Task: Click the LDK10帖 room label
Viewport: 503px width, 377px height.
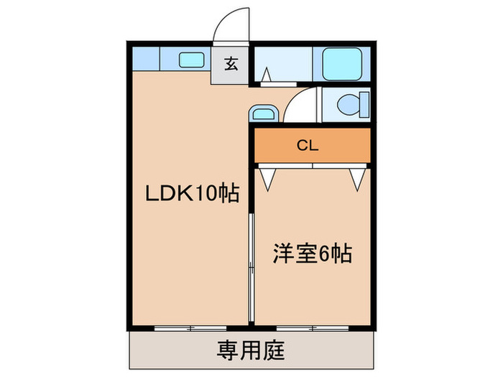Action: pos(193,193)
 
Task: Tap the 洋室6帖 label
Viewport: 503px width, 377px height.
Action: pos(313,254)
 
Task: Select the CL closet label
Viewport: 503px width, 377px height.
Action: pos(308,146)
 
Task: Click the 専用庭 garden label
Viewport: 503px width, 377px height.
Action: pos(251,350)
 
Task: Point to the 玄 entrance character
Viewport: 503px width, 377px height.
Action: pos(231,63)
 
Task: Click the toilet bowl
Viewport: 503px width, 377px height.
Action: pos(349,105)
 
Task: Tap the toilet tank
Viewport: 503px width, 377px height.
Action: pos(364,105)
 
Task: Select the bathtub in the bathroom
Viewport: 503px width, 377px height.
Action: pos(342,64)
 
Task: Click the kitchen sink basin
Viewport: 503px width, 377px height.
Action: pos(192,60)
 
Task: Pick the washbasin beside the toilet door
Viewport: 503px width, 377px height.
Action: pos(264,113)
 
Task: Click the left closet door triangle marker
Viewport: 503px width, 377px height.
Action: pos(267,180)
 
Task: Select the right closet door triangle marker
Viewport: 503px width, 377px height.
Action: pos(357,180)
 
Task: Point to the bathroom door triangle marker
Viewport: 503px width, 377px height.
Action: pos(266,75)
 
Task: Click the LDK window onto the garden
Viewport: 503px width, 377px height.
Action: pos(190,328)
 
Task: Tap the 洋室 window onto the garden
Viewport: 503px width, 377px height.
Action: pos(313,328)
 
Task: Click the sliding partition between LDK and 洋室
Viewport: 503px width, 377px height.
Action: pos(251,268)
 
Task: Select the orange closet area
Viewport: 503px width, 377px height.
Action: pos(313,146)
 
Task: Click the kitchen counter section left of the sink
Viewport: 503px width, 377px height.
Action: pos(146,59)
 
